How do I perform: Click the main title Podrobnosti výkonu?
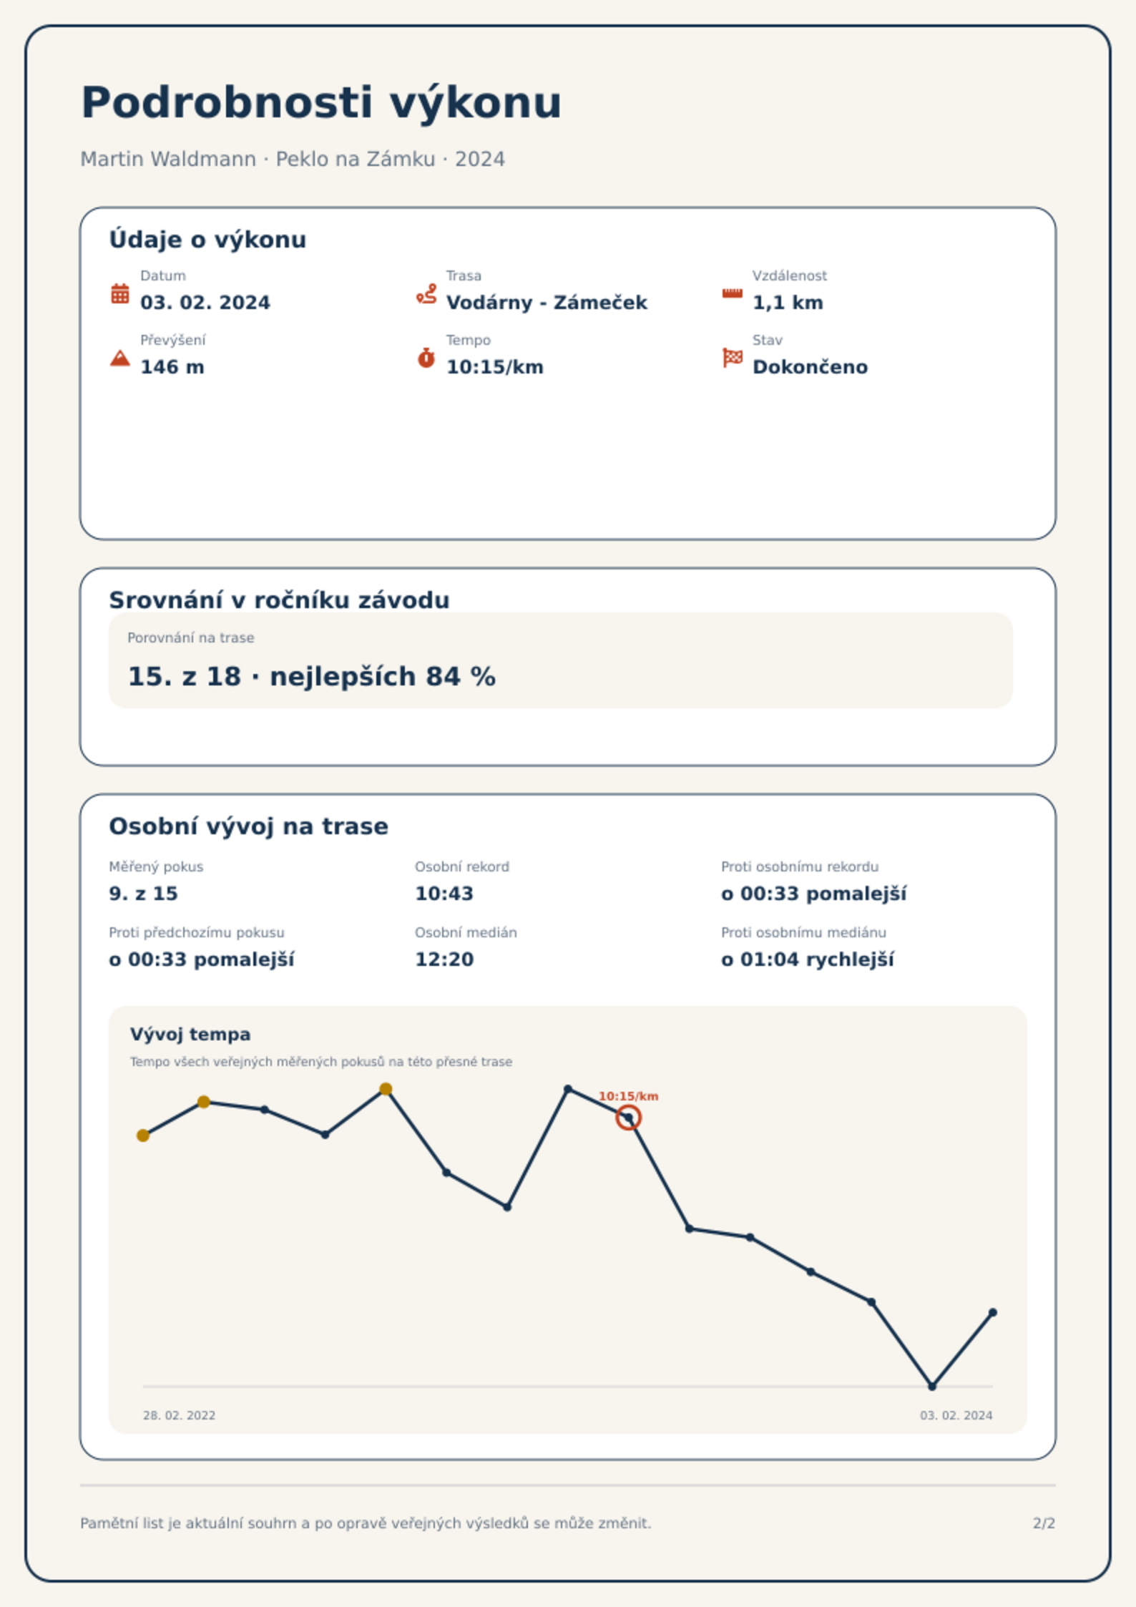[321, 103]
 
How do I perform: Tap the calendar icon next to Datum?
[120, 293]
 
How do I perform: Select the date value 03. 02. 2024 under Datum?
[205, 303]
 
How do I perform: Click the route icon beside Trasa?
[426, 293]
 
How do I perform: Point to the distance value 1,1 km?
[788, 303]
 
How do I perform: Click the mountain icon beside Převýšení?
[120, 358]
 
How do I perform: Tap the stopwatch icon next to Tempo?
[426, 358]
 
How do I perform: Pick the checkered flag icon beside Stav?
[733, 358]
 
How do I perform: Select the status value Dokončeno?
[810, 367]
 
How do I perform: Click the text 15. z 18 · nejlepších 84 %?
[311, 677]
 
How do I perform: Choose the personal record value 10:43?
[444, 894]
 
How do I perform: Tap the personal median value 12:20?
[444, 959]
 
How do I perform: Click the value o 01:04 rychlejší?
[808, 959]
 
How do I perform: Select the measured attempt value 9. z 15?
[143, 894]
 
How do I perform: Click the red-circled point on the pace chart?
[628, 1118]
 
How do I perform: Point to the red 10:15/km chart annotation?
[628, 1096]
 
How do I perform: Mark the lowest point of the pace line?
[932, 1386]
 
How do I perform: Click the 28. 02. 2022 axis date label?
[179, 1415]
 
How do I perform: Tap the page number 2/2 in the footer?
[1044, 1523]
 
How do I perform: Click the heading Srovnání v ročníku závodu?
[279, 600]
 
